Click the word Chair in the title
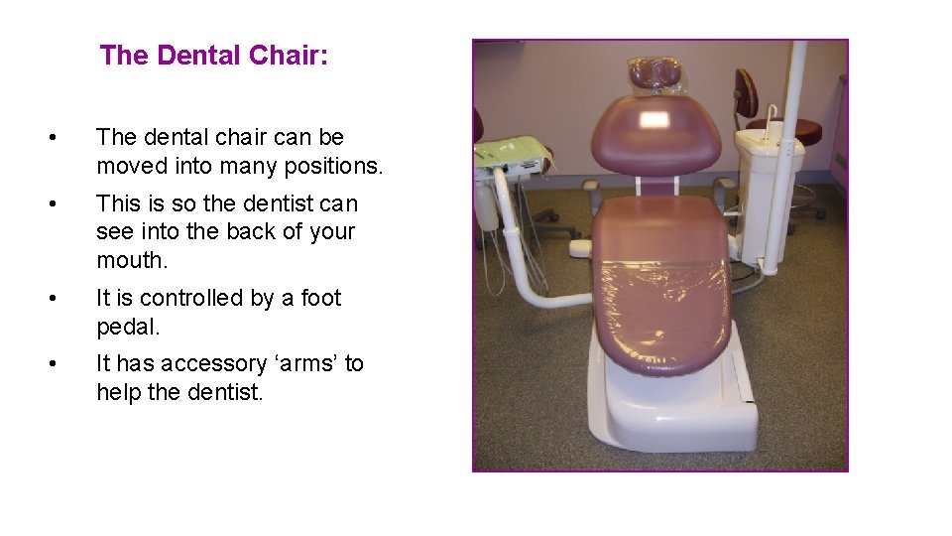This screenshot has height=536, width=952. coord(288,56)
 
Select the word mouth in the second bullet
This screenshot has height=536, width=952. coord(132,260)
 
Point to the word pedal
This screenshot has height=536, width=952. coord(127,327)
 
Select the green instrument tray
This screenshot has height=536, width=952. coord(514,152)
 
